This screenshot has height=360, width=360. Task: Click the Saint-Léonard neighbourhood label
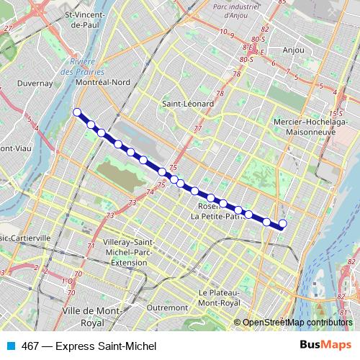tap(188, 104)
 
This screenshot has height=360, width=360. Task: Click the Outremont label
tap(166, 307)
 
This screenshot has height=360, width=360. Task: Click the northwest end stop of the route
tap(77, 112)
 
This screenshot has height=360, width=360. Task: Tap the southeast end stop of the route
tap(282, 224)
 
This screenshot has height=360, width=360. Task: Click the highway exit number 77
tap(197, 129)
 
